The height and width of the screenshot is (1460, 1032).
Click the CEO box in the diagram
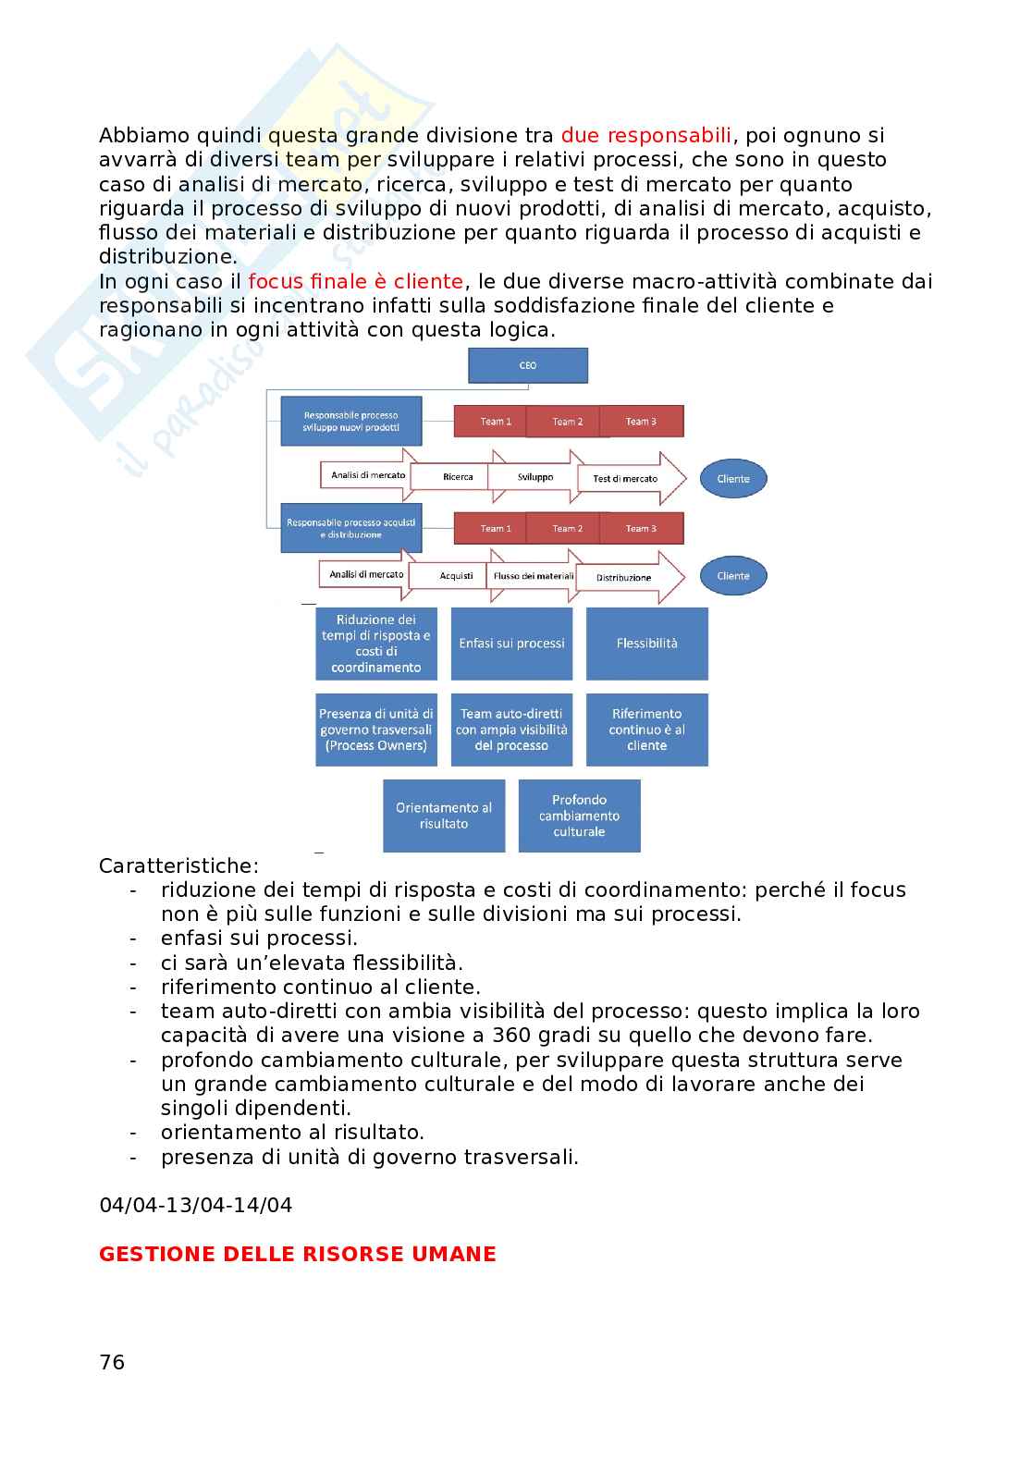pyautogui.click(x=528, y=365)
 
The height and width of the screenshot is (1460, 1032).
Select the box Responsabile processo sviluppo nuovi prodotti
pyautogui.click(x=350, y=422)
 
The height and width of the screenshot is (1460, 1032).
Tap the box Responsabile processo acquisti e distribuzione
pyautogui.click(x=350, y=529)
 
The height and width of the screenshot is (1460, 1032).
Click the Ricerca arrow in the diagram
pyautogui.click(x=458, y=477)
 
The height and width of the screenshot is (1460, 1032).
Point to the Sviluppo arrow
pyautogui.click(x=535, y=477)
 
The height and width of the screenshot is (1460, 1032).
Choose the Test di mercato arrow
pyautogui.click(x=626, y=478)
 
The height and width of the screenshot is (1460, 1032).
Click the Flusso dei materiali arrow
pyautogui.click(x=534, y=576)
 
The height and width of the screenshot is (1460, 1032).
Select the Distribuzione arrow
pyautogui.click(x=624, y=577)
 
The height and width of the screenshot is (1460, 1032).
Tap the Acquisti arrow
pyautogui.click(x=456, y=576)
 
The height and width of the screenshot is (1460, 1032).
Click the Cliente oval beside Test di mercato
pyautogui.click(x=733, y=479)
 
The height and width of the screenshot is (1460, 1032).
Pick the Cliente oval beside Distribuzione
pyautogui.click(x=733, y=576)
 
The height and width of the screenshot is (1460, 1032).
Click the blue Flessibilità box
pyautogui.click(x=646, y=644)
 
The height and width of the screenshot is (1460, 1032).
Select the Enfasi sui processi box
pyautogui.click(x=511, y=644)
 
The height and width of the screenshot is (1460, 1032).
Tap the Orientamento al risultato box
pyautogui.click(x=444, y=816)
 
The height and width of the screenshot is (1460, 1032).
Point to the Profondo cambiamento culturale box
pyautogui.click(x=579, y=816)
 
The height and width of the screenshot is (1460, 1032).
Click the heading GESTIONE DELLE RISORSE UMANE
pyautogui.click(x=297, y=1254)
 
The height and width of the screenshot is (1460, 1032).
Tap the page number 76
pyautogui.click(x=112, y=1362)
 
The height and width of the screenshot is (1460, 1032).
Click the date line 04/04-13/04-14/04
pyautogui.click(x=195, y=1205)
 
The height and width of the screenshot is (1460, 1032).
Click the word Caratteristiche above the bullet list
pyautogui.click(x=178, y=866)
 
